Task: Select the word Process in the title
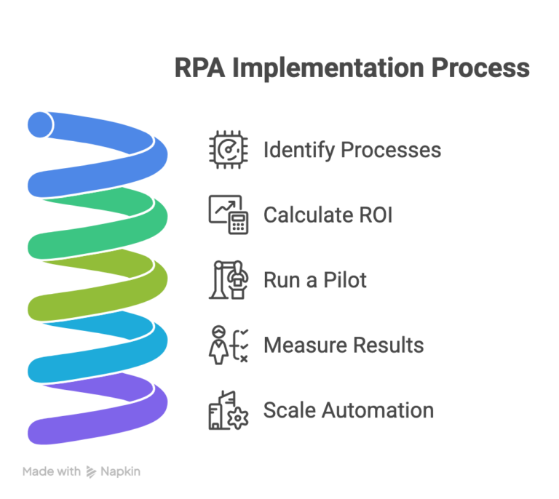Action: (480, 69)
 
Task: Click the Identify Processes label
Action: (352, 150)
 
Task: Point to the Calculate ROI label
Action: (328, 215)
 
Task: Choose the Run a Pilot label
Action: (315, 280)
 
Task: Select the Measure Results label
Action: (344, 345)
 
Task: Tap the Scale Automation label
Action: (348, 410)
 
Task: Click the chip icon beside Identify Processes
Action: (226, 149)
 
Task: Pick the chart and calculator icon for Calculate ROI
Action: (229, 215)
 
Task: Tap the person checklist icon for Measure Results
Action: (226, 345)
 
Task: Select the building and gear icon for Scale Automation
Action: (228, 410)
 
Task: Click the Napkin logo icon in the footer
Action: (92, 472)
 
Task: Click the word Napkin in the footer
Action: (121, 471)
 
